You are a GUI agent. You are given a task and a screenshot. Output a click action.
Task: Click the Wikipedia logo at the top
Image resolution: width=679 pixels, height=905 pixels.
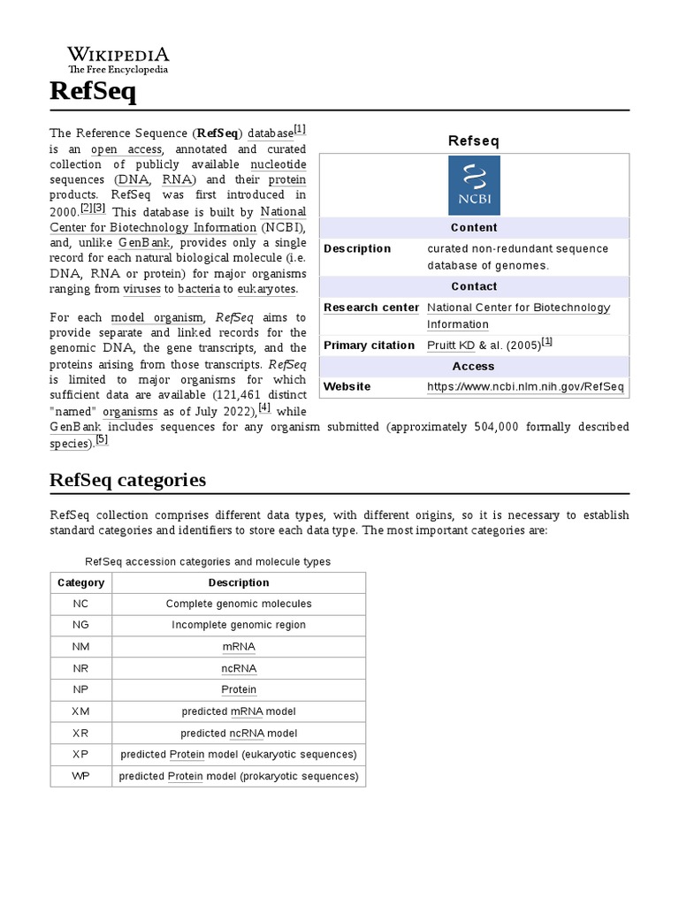tap(118, 59)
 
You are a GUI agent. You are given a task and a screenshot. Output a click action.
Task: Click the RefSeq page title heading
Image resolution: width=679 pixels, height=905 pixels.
tap(92, 91)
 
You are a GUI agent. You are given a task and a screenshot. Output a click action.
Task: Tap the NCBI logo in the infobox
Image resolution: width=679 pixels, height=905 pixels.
tap(474, 185)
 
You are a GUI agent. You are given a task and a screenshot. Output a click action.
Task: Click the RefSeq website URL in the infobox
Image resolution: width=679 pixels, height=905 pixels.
tap(525, 387)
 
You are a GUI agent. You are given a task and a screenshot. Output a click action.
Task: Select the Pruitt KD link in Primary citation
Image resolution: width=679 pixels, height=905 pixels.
tap(451, 346)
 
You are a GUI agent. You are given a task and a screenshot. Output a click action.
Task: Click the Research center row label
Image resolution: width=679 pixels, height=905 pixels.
tap(371, 308)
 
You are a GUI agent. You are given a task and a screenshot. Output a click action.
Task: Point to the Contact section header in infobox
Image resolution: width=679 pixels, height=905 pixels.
tap(474, 286)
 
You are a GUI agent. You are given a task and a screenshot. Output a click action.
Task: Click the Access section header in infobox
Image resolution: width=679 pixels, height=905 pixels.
tap(474, 366)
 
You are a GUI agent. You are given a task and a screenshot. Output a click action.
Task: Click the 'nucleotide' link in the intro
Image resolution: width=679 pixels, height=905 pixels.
tap(278, 164)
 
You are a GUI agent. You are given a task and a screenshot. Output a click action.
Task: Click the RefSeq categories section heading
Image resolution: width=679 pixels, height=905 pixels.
tap(128, 480)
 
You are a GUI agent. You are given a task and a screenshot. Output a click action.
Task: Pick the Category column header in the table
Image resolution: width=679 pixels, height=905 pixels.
tap(80, 582)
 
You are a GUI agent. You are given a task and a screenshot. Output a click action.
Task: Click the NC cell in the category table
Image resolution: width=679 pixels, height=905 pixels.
tap(80, 604)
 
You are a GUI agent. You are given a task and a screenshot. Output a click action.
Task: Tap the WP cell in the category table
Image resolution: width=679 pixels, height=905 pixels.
tap(80, 776)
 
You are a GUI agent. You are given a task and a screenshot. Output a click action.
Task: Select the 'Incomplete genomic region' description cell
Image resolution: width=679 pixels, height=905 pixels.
tap(239, 625)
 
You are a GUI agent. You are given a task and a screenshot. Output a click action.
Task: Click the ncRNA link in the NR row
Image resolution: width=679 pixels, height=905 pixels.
tap(239, 668)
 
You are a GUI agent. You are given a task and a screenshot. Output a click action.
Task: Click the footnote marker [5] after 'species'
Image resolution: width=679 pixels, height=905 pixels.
tap(102, 439)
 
